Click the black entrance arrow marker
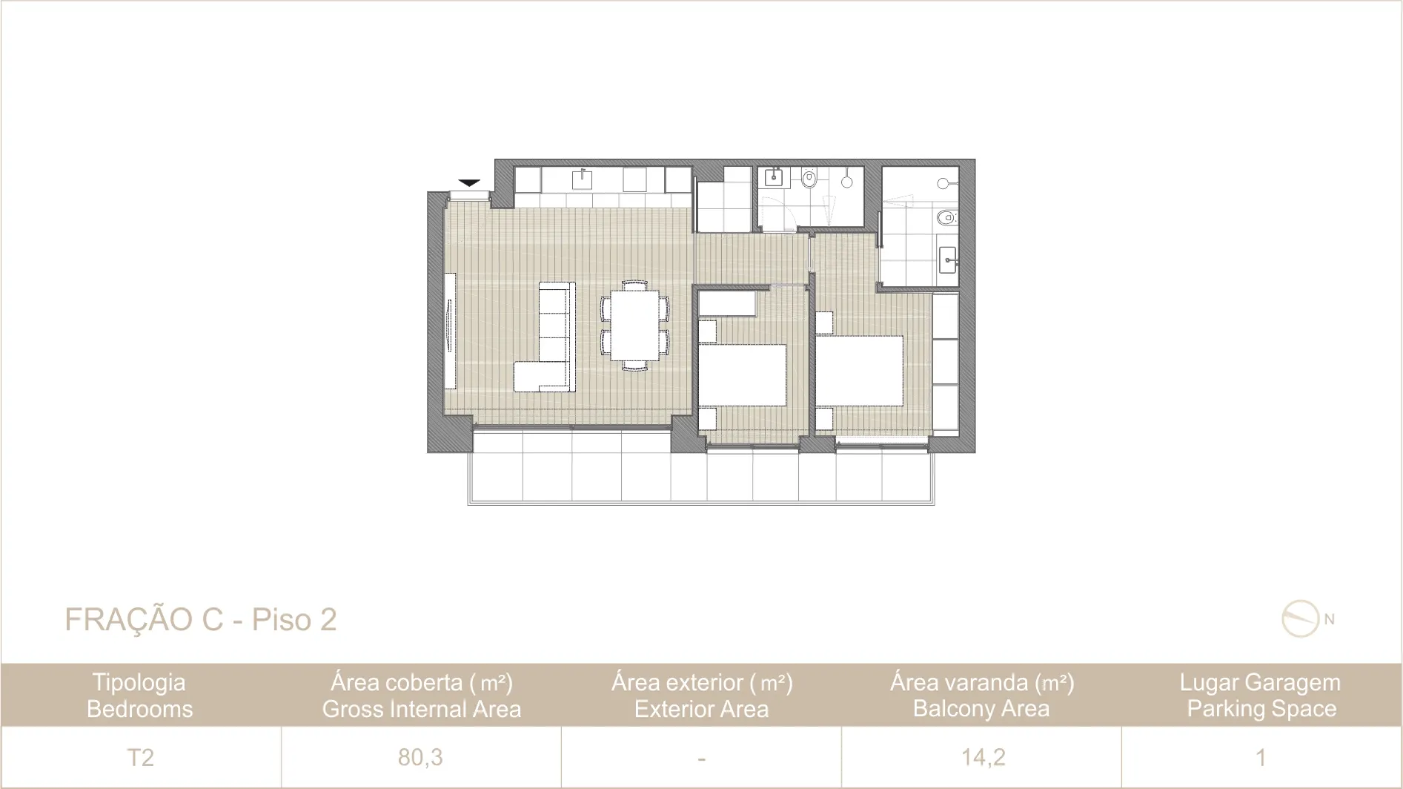469,182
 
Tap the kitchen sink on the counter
582,179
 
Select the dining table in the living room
635,325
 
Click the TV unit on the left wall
449,330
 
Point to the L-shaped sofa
545,337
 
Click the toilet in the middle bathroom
809,178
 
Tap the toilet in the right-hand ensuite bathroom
946,218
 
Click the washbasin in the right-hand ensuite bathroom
948,260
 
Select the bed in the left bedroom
743,374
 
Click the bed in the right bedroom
860,371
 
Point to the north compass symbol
1301,619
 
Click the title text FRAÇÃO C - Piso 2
201,620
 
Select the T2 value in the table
140,757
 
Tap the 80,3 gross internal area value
420,757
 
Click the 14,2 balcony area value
983,757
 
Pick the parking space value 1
1261,757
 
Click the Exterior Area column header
702,709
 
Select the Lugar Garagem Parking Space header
1261,695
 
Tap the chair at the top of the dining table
635,284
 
